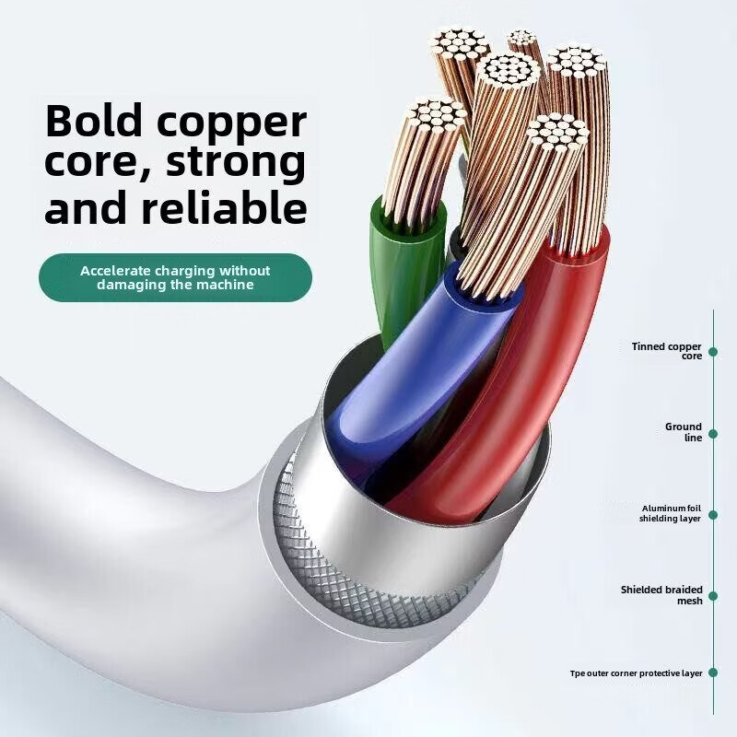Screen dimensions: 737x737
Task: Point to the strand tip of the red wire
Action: click(x=559, y=134)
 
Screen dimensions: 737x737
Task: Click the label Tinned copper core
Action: click(x=667, y=350)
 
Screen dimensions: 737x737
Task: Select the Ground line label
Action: click(x=684, y=432)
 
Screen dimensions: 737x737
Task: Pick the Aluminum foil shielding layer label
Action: click(x=671, y=513)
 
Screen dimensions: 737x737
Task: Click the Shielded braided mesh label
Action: click(x=661, y=595)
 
